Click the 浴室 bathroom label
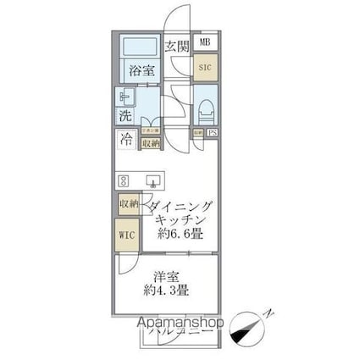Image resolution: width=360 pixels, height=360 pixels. (x=140, y=70)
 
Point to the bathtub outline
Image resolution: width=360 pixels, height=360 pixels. (x=138, y=47)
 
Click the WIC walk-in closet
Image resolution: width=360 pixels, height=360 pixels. (x=127, y=233)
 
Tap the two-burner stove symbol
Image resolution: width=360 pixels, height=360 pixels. (x=124, y=180)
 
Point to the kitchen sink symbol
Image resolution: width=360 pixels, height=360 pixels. (x=154, y=180)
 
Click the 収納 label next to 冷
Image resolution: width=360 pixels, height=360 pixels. (x=152, y=144)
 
